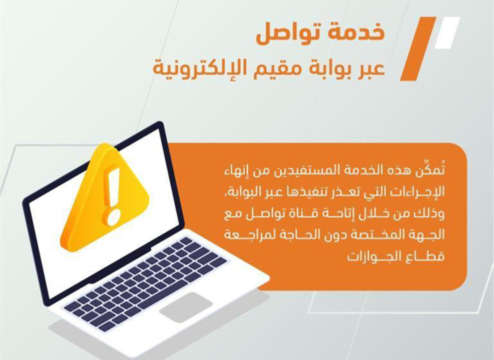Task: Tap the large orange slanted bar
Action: click(x=418, y=49)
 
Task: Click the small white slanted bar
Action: click(x=447, y=32)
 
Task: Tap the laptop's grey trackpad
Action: click(x=186, y=307)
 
